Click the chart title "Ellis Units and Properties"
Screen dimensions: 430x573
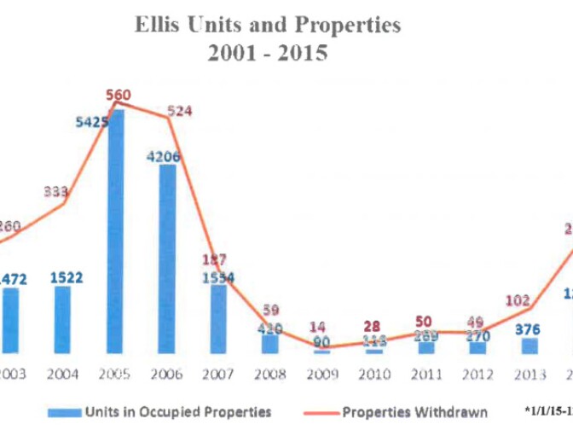click(x=268, y=26)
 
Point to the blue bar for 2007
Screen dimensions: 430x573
click(x=218, y=317)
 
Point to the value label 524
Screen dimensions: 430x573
click(x=182, y=108)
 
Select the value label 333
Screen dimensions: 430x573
click(x=55, y=191)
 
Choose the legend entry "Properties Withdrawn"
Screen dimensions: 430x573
click(x=415, y=412)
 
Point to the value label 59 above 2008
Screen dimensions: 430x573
click(x=271, y=311)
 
